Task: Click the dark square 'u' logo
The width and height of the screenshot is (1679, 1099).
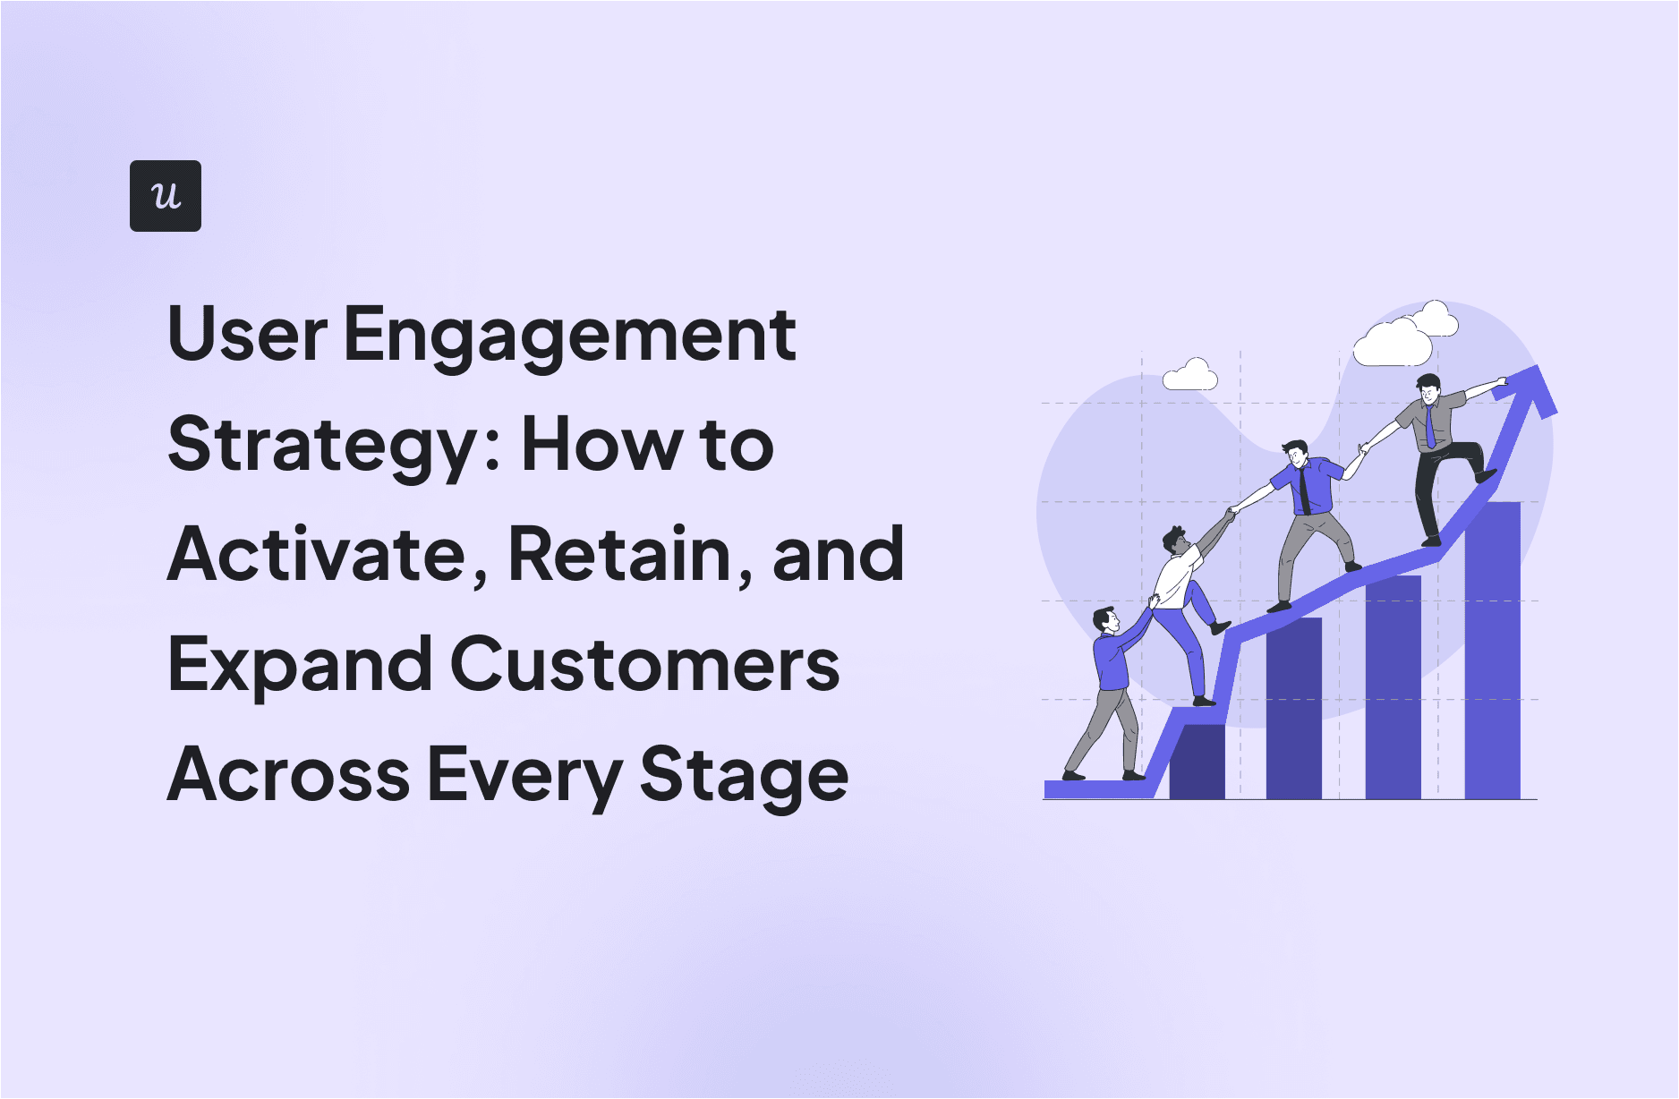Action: [x=166, y=196]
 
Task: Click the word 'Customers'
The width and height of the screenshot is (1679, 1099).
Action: [x=644, y=665]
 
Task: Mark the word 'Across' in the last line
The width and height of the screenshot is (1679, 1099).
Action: [x=288, y=775]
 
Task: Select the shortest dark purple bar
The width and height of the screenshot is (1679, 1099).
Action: [x=1197, y=762]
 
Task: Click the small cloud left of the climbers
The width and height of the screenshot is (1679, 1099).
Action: [x=1190, y=376]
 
